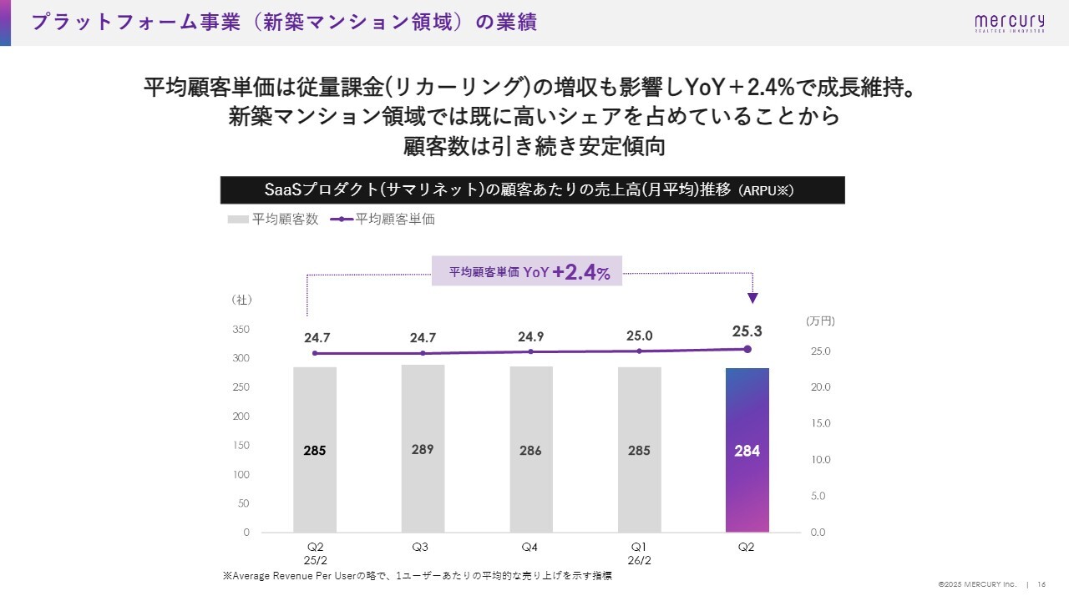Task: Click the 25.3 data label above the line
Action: click(x=747, y=331)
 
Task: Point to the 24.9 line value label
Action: click(x=530, y=336)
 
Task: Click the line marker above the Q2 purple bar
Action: click(x=747, y=349)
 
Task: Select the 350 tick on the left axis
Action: click(x=241, y=330)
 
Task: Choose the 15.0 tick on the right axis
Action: click(x=820, y=423)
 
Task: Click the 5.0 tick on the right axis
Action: click(x=820, y=496)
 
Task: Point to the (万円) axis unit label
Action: click(x=820, y=321)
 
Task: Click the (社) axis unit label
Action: click(x=241, y=300)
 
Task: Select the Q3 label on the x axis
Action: click(x=421, y=547)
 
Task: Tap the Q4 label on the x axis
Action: click(x=529, y=547)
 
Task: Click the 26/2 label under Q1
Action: click(x=639, y=560)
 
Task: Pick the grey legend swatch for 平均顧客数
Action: click(x=238, y=220)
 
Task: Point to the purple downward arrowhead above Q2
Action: click(x=752, y=298)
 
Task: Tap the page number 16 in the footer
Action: click(x=1042, y=583)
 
